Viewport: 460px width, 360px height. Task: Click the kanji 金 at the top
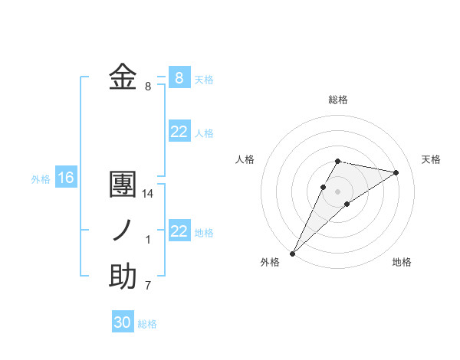(123, 77)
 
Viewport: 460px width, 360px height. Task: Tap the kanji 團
(123, 185)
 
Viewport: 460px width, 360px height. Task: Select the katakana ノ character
(123, 231)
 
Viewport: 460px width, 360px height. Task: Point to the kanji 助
(123, 277)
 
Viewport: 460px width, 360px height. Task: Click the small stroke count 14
(148, 194)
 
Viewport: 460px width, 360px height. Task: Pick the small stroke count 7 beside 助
(148, 286)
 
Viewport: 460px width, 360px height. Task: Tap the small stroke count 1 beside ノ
(148, 240)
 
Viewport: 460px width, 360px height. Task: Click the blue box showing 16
(66, 178)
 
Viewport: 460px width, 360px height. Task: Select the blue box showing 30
(123, 322)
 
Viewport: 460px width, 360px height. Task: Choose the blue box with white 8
(179, 77)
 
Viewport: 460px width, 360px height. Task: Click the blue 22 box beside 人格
(179, 132)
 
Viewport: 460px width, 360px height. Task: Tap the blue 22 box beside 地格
(179, 231)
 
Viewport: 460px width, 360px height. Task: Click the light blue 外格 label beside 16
(41, 179)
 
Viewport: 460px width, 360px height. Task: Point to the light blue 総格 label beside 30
(147, 324)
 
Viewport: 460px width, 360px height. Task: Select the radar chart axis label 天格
(431, 159)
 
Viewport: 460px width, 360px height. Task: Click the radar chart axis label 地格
(402, 263)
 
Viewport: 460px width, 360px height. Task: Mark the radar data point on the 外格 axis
(292, 254)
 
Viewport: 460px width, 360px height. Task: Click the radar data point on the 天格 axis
(396, 172)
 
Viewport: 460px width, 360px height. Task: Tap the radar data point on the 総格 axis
(338, 161)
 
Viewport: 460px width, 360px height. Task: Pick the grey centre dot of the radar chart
(338, 191)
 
